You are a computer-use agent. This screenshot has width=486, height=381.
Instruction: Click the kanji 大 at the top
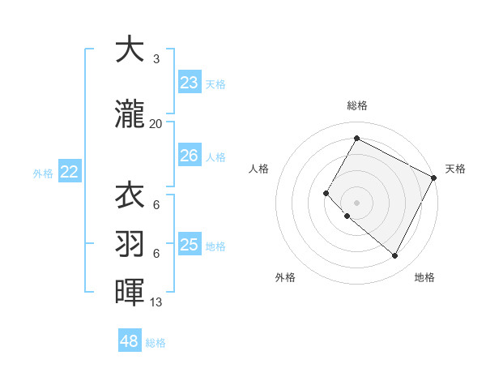click(x=130, y=50)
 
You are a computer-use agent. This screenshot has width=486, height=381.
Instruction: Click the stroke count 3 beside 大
click(x=156, y=59)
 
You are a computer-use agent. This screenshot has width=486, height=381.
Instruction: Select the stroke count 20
click(x=156, y=124)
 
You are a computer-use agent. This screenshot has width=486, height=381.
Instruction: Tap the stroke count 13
click(x=156, y=302)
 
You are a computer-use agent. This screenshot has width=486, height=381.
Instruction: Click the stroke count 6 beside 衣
click(x=156, y=205)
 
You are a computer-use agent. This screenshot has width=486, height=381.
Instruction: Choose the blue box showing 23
click(x=189, y=82)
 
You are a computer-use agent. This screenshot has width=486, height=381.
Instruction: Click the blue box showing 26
click(x=189, y=155)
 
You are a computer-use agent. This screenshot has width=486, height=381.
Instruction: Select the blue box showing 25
click(x=189, y=244)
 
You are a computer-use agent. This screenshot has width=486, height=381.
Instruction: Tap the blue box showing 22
click(x=70, y=171)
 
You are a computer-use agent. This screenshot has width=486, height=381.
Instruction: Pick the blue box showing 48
click(x=130, y=341)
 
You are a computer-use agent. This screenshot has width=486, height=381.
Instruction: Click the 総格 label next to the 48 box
click(x=156, y=343)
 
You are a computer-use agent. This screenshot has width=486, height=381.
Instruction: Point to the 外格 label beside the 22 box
click(x=43, y=173)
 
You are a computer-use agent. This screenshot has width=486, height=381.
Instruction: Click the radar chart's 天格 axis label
click(x=456, y=169)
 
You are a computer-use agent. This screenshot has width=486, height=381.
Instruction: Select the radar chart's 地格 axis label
click(x=424, y=277)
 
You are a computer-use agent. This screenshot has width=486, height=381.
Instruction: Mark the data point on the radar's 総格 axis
click(x=356, y=138)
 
